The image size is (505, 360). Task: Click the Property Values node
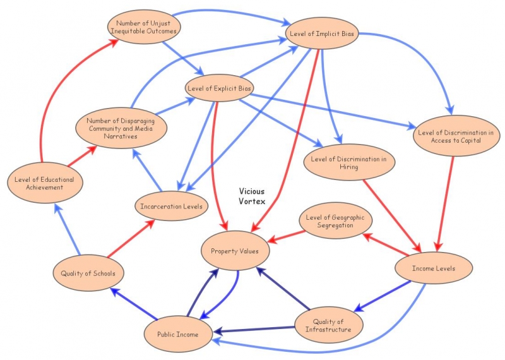[x=235, y=251]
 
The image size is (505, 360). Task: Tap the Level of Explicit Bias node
[x=219, y=88]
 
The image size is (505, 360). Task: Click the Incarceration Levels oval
[x=172, y=206]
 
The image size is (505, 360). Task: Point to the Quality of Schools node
[x=88, y=273]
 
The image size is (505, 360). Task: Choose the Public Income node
[x=178, y=333]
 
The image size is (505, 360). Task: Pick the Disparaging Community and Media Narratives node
[x=122, y=127]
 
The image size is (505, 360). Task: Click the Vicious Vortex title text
[x=252, y=196]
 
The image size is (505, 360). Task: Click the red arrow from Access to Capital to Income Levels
[x=446, y=202]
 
